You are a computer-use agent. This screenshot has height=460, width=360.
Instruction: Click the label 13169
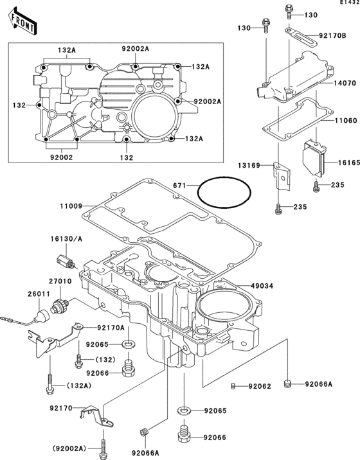pyautogui.click(x=249, y=166)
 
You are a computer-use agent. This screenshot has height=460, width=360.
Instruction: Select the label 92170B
pyautogui.click(x=334, y=36)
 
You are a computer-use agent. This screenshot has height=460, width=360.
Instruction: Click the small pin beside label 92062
pyautogui.click(x=235, y=386)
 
